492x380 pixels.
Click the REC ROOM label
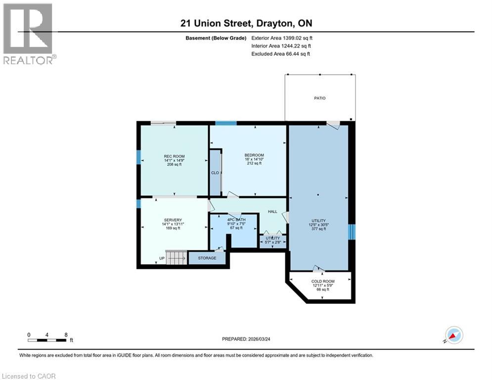pos(174,156)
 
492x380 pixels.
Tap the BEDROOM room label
pos(254,155)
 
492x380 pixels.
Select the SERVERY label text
pos(173,220)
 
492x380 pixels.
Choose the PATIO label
pos(320,98)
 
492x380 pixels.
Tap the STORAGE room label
pos(207,258)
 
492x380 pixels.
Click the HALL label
pos(272,211)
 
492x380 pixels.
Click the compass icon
pos(453,335)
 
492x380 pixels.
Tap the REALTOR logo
pos(28,34)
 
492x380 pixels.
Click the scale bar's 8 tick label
pos(65,334)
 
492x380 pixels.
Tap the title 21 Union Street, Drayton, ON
pos(246,23)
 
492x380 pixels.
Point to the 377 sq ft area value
pos(318,229)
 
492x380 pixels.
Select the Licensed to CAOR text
pos(29,376)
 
